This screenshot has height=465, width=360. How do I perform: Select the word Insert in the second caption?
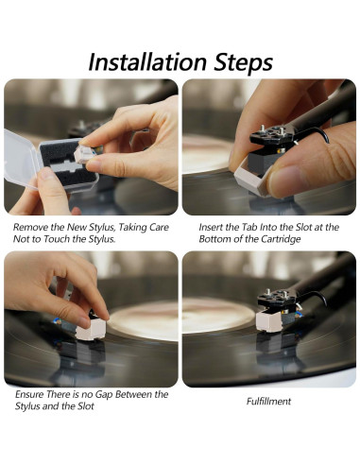214,227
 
